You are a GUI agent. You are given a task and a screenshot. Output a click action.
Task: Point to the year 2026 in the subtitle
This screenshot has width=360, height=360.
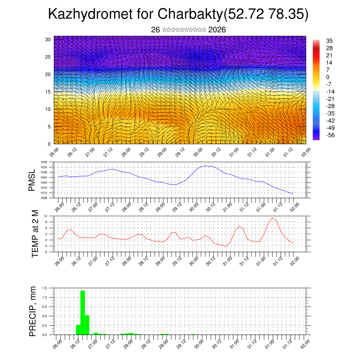217,30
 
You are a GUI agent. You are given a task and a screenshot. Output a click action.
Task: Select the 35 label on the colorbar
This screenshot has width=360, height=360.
329,41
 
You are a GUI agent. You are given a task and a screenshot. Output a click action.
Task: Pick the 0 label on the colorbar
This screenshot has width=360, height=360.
328,77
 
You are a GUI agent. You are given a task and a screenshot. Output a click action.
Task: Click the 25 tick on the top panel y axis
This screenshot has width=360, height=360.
48,57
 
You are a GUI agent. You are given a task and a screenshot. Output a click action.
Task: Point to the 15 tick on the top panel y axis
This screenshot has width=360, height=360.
48,92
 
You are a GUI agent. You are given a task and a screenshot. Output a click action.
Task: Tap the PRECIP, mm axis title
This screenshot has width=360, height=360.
33,311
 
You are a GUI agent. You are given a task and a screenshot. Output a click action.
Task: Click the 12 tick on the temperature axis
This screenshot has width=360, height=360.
46,216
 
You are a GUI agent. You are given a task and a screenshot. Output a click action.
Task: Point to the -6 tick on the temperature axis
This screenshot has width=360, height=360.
45,252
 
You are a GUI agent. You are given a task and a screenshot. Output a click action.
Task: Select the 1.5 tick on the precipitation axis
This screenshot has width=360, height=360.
45,288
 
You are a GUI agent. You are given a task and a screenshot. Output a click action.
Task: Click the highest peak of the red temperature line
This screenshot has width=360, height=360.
272,218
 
